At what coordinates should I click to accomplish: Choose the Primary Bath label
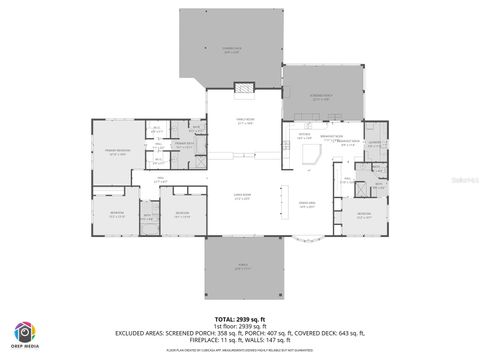click(x=184, y=144)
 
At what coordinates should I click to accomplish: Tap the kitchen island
click(x=312, y=155)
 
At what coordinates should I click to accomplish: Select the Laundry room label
click(x=373, y=143)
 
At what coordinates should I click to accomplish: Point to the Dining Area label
click(x=308, y=204)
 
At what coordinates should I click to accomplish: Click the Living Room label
click(x=242, y=196)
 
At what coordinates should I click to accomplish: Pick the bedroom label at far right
click(x=364, y=213)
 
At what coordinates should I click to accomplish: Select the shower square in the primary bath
click(x=196, y=128)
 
